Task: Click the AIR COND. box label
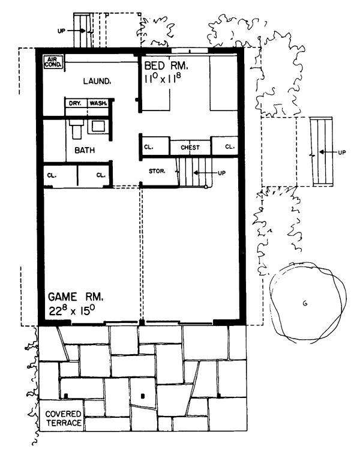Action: [53, 62]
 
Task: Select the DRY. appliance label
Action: [75, 103]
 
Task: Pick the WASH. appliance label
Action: [98, 103]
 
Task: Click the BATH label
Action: [85, 150]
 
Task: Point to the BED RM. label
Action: [166, 66]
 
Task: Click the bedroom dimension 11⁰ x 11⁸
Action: [163, 79]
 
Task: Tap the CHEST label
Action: [190, 148]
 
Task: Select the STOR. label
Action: [157, 171]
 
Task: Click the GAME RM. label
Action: [76, 297]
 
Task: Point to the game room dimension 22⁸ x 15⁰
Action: [72, 310]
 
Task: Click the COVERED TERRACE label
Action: [63, 418]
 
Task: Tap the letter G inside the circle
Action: [305, 304]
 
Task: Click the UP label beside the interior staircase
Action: [221, 173]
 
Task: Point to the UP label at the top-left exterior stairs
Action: [61, 31]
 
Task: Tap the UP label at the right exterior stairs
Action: [342, 152]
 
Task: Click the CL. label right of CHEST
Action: [230, 147]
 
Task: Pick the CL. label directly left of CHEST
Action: [149, 147]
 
